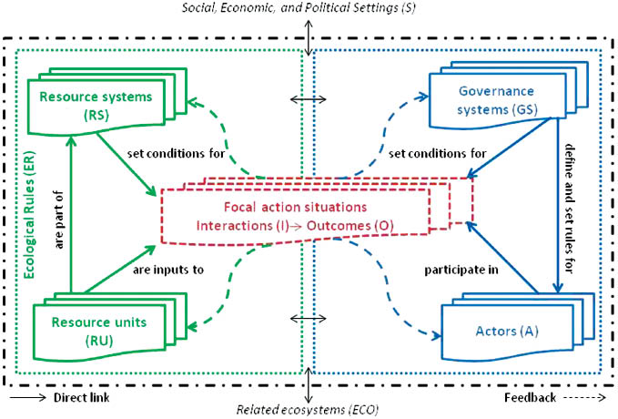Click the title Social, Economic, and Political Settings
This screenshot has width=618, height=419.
[309, 10]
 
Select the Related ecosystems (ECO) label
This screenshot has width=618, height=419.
[309, 411]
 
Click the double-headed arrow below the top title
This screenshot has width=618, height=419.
[310, 40]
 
